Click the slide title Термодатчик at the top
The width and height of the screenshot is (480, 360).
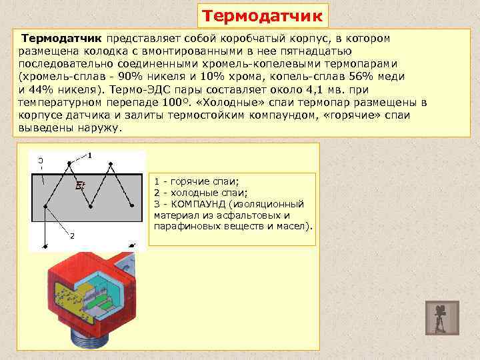tap(263, 15)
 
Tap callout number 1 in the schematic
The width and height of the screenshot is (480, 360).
tap(89, 156)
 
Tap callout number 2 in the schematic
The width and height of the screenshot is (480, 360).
tap(72, 235)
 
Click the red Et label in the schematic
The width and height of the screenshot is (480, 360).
tap(80, 186)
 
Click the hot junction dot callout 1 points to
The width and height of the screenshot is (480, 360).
tap(68, 163)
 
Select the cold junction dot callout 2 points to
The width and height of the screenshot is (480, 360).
tap(45, 207)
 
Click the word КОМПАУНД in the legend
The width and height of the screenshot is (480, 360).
tap(198, 204)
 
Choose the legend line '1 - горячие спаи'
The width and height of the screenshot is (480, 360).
tap(196, 181)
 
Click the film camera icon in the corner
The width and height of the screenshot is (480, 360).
tap(441, 317)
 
